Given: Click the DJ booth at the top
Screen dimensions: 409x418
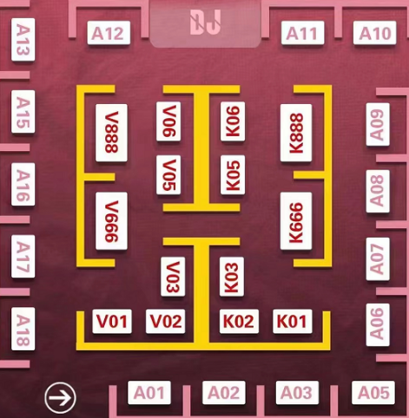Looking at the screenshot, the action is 205,23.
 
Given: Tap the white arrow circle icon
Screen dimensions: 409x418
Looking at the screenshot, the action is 60,398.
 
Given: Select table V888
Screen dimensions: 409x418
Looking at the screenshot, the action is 111,133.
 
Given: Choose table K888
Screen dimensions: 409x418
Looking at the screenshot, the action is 296,133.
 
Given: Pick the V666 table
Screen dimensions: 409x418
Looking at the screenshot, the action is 111,221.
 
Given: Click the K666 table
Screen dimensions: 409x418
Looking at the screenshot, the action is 296,221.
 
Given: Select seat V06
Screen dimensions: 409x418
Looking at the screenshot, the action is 168,121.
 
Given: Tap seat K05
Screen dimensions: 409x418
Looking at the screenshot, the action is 233,175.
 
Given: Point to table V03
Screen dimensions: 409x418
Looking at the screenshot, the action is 173,277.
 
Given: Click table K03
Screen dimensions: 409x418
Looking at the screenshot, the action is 232,277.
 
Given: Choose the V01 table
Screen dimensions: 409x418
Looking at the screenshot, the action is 112,321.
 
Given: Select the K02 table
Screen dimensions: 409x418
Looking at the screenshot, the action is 239,321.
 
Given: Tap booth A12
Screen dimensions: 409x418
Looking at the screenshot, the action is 109,33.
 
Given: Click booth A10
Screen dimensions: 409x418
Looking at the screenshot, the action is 375,33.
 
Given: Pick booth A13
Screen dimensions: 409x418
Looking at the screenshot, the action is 23,40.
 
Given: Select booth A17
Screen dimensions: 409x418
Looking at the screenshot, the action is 23,257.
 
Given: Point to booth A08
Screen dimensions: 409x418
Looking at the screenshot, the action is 378,192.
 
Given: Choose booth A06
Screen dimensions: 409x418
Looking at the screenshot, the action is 378,324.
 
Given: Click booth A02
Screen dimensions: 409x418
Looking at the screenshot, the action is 224,393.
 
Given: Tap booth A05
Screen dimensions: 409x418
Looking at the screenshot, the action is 373,393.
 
